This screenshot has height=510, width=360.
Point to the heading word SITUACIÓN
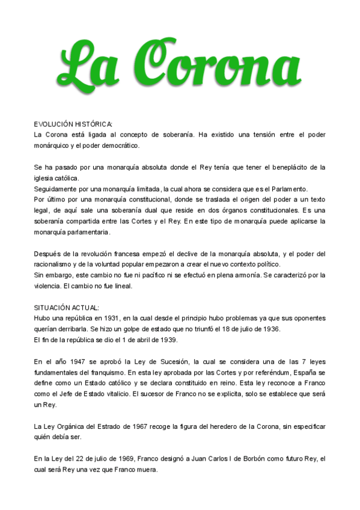(53, 307)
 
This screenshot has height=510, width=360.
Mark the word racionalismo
(54, 264)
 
